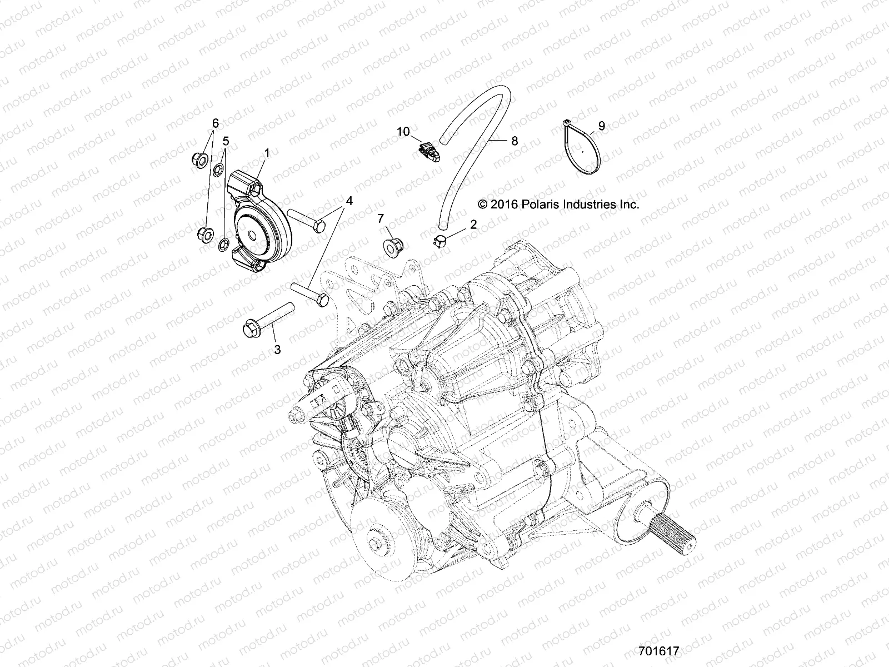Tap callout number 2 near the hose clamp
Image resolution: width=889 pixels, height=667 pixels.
pos(473,225)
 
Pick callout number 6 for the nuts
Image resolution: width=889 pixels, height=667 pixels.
pos(215,122)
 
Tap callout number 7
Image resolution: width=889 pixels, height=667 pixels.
pos(396,218)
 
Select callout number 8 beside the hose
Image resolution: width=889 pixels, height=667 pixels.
pos(515,141)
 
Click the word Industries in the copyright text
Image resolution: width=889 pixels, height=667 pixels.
pos(590,204)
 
